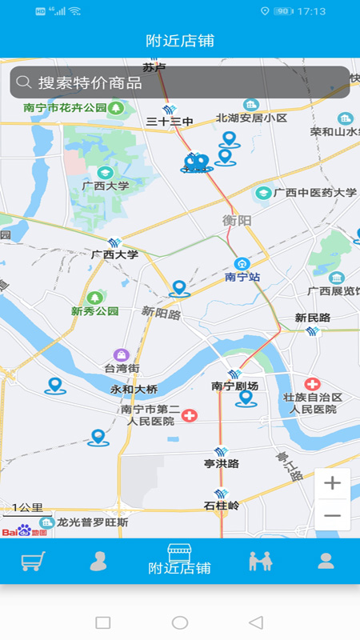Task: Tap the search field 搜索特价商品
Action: pyautogui.click(x=179, y=82)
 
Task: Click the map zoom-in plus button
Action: pyautogui.click(x=332, y=484)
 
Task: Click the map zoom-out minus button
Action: pyautogui.click(x=332, y=516)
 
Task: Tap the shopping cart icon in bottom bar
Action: pyautogui.click(x=33, y=561)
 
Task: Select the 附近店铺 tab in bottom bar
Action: pyautogui.click(x=180, y=560)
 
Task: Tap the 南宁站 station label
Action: pyautogui.click(x=242, y=277)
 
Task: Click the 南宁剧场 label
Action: pyautogui.click(x=234, y=386)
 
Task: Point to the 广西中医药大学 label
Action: pyautogui.click(x=315, y=193)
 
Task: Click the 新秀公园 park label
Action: pyautogui.click(x=94, y=310)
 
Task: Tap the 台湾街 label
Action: pyautogui.click(x=122, y=368)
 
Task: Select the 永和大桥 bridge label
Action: pyautogui.click(x=134, y=390)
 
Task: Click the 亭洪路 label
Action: pyautogui.click(x=222, y=463)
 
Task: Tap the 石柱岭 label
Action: pyautogui.click(x=222, y=506)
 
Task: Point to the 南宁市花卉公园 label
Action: pyautogui.click(x=66, y=107)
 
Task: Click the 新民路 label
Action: pyautogui.click(x=312, y=318)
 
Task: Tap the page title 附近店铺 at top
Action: pyautogui.click(x=180, y=41)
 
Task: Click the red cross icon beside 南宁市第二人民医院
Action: pyautogui.click(x=190, y=415)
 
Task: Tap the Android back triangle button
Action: pyautogui.click(x=256, y=622)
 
